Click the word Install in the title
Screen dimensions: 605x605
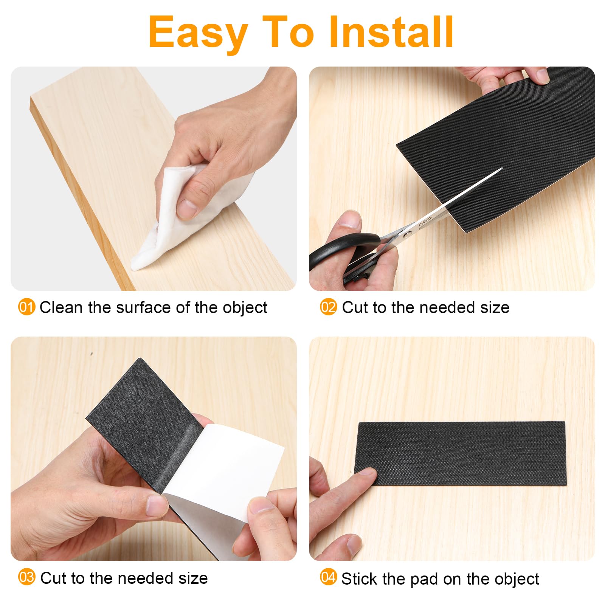pos(391,32)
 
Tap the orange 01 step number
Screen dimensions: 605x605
pos(26,307)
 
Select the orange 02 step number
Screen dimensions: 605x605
pos(328,307)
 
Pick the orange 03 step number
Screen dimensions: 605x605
pos(26,577)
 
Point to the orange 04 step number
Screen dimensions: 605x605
pos(328,577)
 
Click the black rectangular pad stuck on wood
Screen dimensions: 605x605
pos(460,454)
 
